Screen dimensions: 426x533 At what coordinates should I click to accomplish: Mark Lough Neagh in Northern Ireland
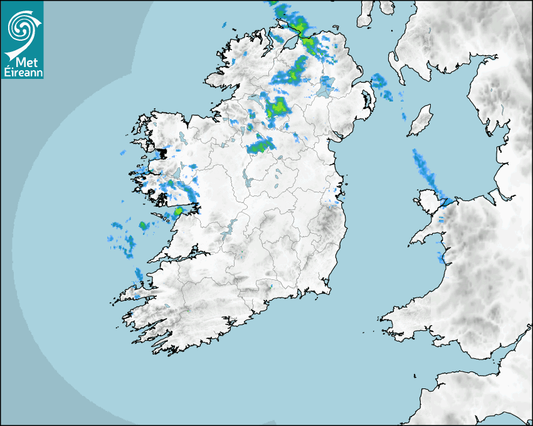(325, 88)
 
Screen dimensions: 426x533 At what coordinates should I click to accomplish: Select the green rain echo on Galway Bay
(178, 212)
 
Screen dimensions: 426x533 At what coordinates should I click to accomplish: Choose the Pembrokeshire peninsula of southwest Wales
(401, 316)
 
